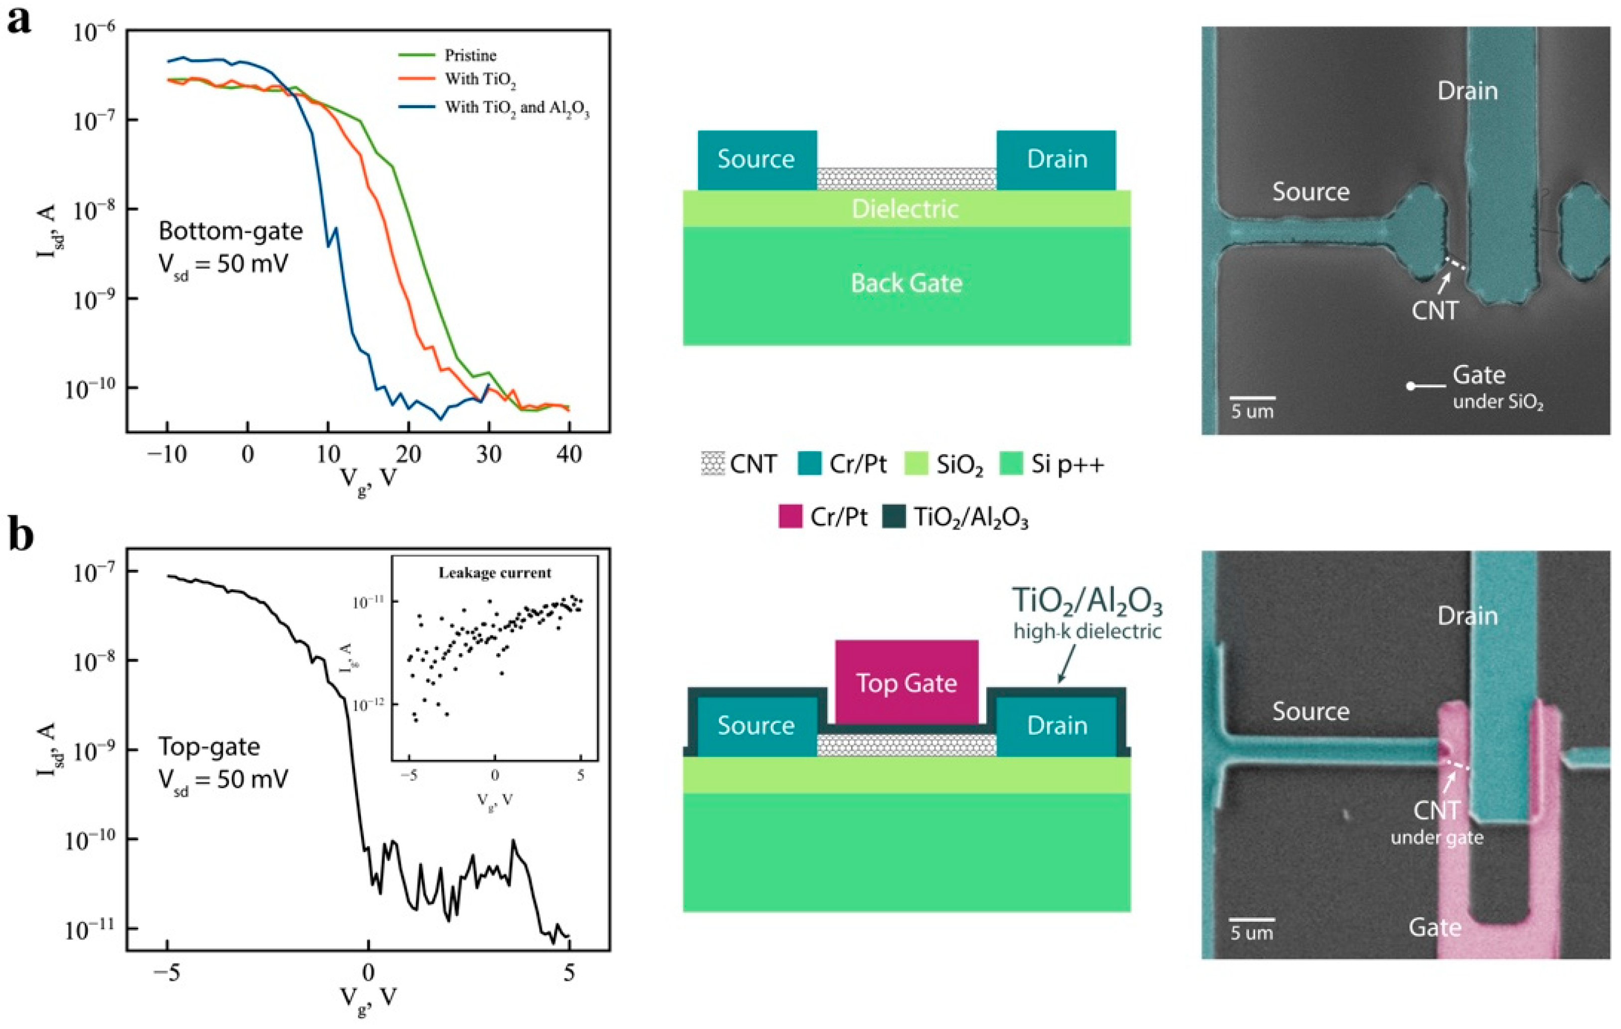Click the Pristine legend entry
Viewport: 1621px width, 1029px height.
pos(470,55)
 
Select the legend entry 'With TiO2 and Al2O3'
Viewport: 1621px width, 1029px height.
pos(517,108)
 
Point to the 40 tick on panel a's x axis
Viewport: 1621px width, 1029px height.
pos(569,455)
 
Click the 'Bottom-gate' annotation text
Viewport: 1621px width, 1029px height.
pos(230,231)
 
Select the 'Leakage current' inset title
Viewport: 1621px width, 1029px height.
pos(495,573)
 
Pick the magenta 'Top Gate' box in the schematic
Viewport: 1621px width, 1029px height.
pos(906,683)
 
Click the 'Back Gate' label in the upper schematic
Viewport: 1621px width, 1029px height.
pos(906,283)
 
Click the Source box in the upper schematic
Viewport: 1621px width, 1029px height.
pos(756,160)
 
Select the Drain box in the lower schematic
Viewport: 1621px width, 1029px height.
pos(1056,725)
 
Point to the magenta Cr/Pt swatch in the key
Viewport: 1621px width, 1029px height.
pos(790,517)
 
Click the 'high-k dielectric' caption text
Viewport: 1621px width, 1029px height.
pos(1087,631)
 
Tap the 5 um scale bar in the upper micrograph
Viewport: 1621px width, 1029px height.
pos(1252,398)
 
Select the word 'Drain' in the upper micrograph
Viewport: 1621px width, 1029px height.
pos(1467,91)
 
